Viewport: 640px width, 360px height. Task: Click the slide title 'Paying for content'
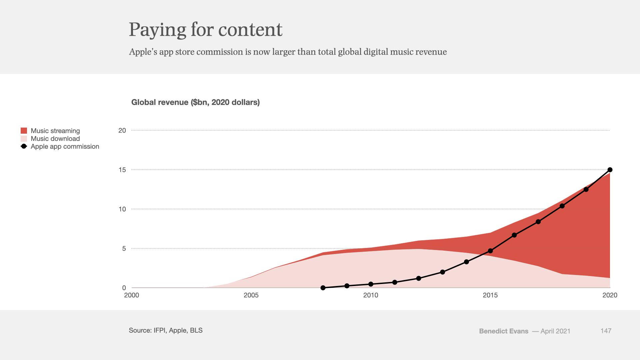coord(205,29)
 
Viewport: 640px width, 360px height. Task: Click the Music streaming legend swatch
coord(24,131)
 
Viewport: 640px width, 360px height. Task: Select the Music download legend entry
coord(55,139)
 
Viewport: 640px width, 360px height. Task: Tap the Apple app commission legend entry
coord(65,146)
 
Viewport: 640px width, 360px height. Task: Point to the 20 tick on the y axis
coord(122,130)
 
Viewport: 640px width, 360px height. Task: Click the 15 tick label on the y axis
coord(122,170)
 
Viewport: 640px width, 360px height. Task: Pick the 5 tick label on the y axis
coord(124,249)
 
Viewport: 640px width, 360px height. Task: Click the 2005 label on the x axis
coord(251,295)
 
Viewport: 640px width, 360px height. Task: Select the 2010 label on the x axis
coord(371,295)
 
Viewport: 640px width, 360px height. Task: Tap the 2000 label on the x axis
coord(131,295)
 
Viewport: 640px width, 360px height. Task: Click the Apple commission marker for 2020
coord(610,170)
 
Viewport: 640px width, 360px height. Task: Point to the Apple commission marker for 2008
coord(323,288)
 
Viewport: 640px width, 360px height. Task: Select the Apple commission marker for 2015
coord(490,251)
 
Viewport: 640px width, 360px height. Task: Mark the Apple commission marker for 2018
coord(562,206)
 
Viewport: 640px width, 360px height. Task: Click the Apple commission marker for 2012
coord(419,278)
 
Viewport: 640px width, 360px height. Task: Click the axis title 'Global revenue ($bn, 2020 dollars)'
coord(195,102)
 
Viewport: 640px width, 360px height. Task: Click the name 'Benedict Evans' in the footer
coord(503,331)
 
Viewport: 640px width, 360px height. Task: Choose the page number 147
coord(606,331)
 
